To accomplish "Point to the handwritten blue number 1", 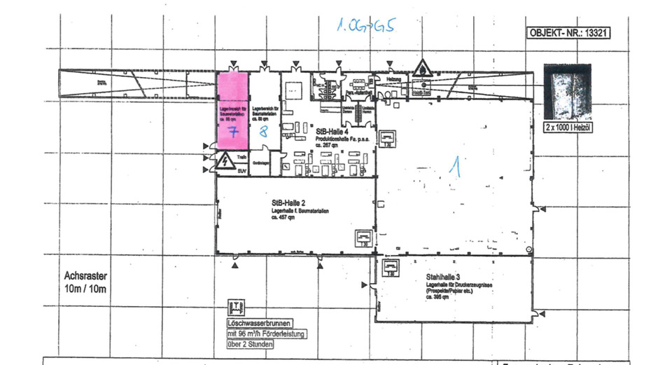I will pyautogui.click(x=456, y=166).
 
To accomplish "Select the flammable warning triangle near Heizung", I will pyautogui.click(x=423, y=69).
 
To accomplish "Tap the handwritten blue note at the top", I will pyautogui.click(x=366, y=27).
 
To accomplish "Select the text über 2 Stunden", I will pyautogui.click(x=246, y=344).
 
